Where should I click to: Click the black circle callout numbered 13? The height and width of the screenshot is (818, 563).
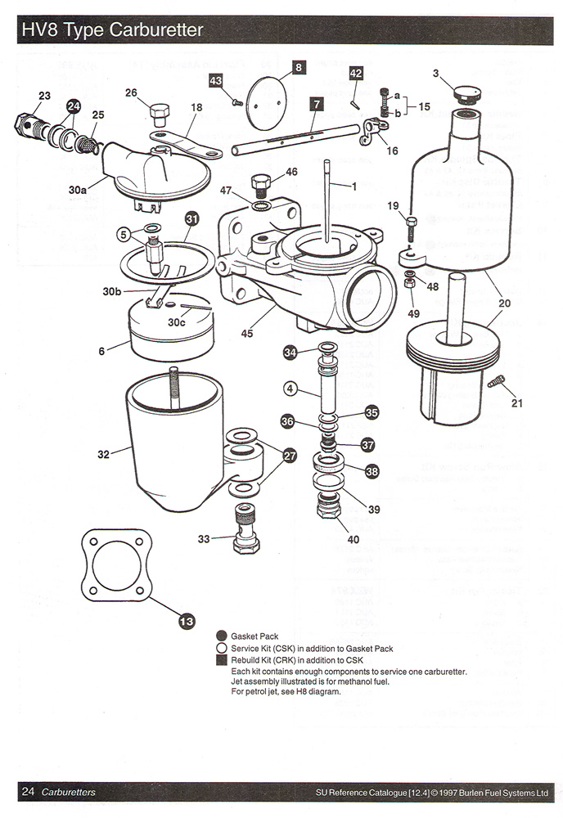[187, 622]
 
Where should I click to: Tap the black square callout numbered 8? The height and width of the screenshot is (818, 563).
[299, 67]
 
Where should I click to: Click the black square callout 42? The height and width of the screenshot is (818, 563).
[356, 74]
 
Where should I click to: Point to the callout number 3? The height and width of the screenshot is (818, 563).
[436, 74]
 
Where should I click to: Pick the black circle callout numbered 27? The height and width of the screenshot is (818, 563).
[290, 456]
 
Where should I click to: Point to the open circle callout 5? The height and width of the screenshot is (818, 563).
[123, 234]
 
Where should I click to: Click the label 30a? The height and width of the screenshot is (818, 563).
[78, 189]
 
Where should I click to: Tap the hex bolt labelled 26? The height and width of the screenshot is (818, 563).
[160, 112]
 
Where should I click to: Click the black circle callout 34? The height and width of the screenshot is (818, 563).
[290, 353]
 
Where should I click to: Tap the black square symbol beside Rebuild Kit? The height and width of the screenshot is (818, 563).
[221, 660]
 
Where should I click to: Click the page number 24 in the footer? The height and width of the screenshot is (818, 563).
[28, 791]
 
